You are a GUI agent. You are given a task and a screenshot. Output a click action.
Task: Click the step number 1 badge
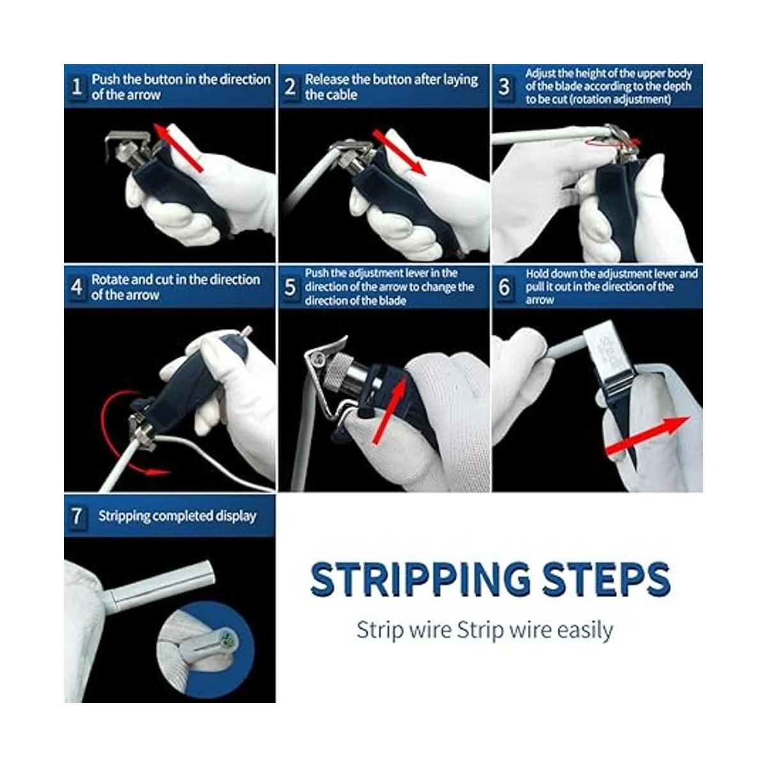(x=77, y=87)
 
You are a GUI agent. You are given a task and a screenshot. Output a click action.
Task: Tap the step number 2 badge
(x=290, y=87)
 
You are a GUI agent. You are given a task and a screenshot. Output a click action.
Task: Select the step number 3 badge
(x=504, y=87)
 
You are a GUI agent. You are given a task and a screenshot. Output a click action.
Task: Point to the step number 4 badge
(x=77, y=287)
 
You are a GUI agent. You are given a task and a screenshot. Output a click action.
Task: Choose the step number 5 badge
(x=290, y=287)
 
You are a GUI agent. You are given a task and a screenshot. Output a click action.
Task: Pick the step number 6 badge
(x=504, y=287)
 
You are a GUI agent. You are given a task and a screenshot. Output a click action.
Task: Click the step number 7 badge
(x=77, y=516)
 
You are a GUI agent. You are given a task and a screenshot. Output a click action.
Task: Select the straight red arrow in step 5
(x=389, y=410)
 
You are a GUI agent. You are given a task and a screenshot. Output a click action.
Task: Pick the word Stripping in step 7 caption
(x=124, y=516)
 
